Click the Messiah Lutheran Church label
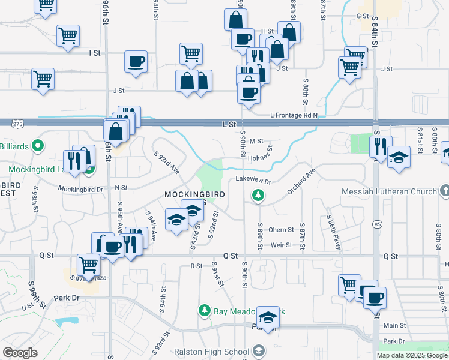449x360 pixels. coord(388,192)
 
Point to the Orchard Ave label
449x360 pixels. coord(301,181)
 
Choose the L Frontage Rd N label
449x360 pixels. coord(294,115)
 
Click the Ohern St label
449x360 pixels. coord(281,230)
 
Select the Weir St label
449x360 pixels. coord(281,245)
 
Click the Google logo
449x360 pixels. coord(20,353)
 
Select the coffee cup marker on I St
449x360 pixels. coord(136,61)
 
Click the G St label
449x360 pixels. coord(362,16)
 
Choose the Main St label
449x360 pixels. coord(395,325)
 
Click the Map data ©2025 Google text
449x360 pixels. coord(412,355)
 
